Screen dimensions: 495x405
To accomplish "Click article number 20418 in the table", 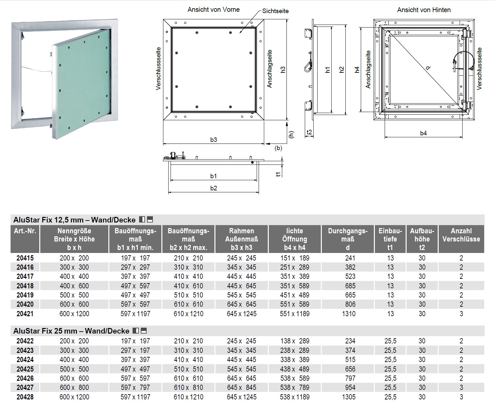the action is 25,286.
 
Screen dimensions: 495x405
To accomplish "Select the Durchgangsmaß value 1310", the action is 349,314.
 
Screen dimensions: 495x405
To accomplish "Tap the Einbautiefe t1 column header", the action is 390,239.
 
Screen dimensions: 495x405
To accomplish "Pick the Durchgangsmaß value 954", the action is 350,387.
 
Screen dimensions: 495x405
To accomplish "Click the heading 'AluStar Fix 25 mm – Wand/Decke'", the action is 71,331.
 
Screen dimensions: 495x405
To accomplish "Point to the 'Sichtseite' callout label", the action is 275,11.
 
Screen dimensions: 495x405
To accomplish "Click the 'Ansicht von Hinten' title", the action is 424,10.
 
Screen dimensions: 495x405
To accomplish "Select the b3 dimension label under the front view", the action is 213,140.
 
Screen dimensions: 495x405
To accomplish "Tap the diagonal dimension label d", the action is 428,68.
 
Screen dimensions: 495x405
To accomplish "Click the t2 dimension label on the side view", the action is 309,132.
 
